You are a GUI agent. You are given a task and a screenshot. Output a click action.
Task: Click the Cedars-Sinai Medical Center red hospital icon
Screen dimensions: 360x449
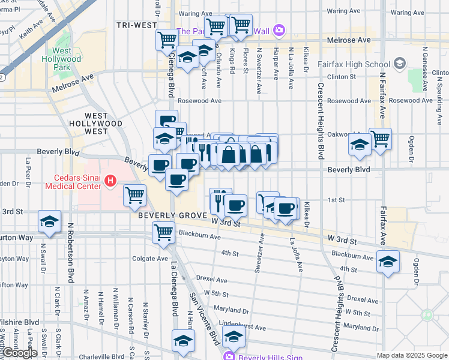pyautogui.click(x=110, y=179)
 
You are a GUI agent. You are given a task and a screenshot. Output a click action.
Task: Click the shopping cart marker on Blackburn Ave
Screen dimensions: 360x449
pyautogui.click(x=163, y=232)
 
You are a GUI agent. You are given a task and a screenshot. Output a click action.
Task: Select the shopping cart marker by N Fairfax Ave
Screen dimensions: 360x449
pyautogui.click(x=381, y=139)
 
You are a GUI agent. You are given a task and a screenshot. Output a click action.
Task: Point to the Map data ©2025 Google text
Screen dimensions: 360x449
pyautogui.click(x=411, y=355)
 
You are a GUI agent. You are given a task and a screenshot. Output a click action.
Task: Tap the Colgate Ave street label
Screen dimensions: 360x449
pyautogui.click(x=150, y=259)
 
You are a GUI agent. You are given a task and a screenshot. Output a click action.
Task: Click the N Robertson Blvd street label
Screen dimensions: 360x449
pyautogui.click(x=71, y=253)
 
